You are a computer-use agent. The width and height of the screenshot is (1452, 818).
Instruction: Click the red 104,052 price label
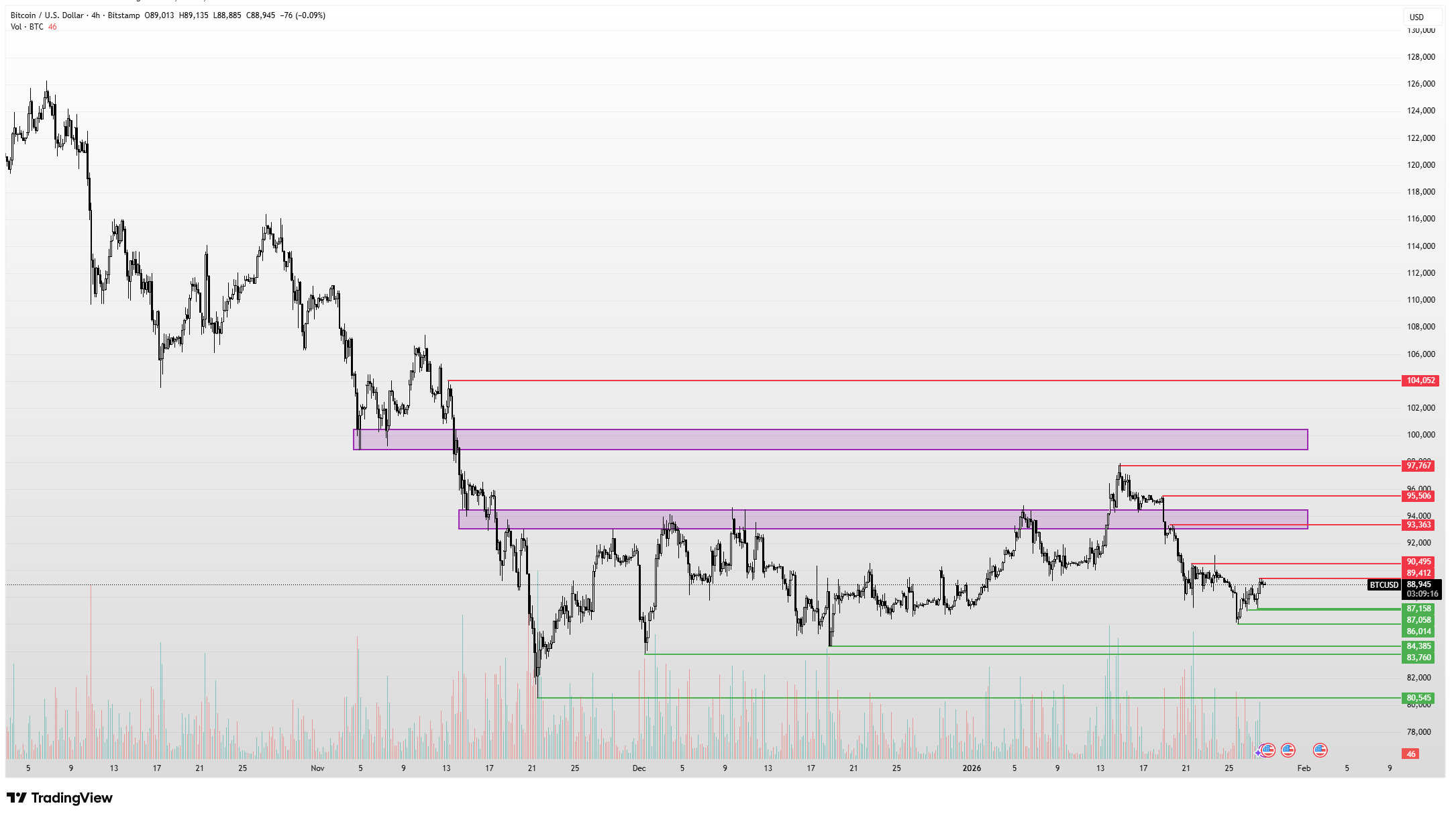pos(1420,380)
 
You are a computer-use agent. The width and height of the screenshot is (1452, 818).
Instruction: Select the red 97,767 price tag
pos(1418,466)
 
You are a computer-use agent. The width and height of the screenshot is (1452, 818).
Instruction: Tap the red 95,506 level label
pos(1418,496)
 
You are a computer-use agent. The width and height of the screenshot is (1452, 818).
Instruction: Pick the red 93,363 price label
pos(1418,525)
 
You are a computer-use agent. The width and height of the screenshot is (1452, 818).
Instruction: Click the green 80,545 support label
pos(1418,698)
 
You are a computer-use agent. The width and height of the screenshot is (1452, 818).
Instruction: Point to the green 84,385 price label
pos(1418,646)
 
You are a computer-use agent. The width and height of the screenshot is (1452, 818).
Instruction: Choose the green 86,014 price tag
pos(1418,631)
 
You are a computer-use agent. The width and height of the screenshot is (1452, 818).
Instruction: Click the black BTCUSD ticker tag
pos(1384,585)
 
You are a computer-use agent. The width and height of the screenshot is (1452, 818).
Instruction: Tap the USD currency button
pos(1416,17)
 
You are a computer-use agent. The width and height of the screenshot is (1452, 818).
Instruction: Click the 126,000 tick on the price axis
pos(1420,84)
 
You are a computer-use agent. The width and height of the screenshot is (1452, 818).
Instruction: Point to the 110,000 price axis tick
pos(1420,300)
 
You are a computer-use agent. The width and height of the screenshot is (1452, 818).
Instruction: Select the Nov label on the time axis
pos(317,768)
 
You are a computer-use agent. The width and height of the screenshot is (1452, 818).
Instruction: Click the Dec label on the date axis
pos(639,768)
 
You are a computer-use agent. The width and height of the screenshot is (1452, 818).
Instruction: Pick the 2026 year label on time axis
pos(971,768)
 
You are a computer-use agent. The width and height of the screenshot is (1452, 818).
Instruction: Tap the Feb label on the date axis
pos(1304,768)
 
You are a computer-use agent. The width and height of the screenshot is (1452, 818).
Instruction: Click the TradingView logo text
pos(71,798)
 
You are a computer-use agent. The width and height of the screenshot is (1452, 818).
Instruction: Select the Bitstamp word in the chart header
pos(123,15)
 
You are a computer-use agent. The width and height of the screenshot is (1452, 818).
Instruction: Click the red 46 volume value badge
pos(1410,754)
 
